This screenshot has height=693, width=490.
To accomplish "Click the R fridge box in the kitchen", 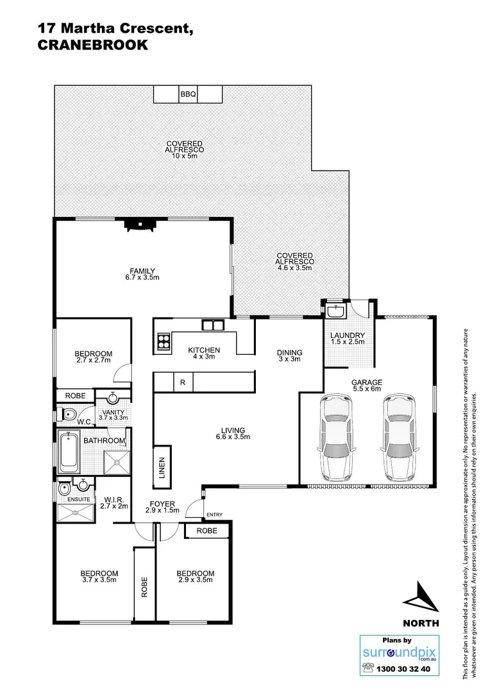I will click(x=183, y=383).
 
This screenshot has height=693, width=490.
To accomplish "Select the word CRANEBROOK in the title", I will click(x=93, y=46).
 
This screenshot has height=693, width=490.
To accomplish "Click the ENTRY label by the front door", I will click(x=214, y=515).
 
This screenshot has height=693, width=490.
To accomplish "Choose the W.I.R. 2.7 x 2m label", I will click(x=115, y=503).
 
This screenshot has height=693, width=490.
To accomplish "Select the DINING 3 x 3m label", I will click(x=289, y=356).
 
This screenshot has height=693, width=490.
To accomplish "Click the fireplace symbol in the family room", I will click(x=139, y=224).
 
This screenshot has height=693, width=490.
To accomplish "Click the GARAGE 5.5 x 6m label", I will click(x=366, y=386).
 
